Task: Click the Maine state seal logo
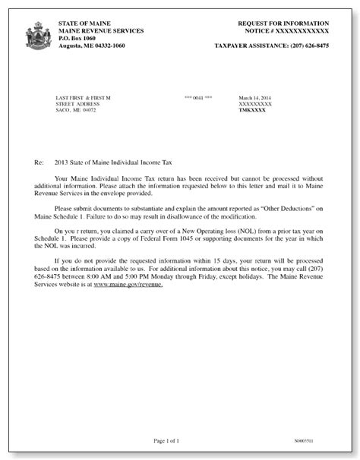click(x=36, y=36)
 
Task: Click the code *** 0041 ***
click(x=198, y=98)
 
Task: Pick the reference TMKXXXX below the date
click(x=253, y=110)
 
